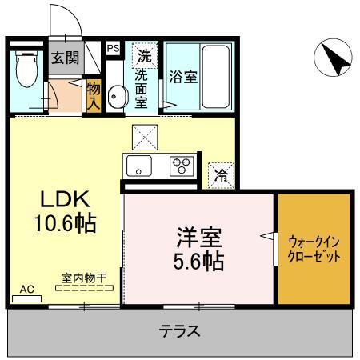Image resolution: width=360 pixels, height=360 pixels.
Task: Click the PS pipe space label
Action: pos(113,48)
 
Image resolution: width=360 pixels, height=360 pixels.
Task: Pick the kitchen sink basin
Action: pos(138,166)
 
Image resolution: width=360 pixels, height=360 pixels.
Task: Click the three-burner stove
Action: pos(181,166)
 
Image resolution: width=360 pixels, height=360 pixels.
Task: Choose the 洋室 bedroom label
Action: pos(199,238)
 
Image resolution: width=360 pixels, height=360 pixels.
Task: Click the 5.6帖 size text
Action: pos(199,260)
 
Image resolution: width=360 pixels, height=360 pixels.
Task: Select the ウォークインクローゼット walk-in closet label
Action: pos(314,248)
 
